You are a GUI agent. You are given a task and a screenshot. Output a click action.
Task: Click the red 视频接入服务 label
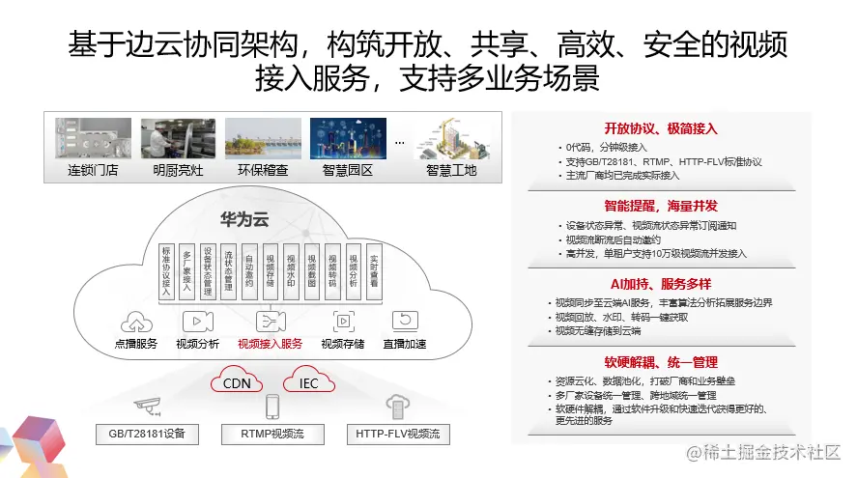click(270, 344)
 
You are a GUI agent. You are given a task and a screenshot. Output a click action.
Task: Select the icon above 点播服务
click(136, 322)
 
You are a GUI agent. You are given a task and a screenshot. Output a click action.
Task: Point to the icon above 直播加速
click(404, 322)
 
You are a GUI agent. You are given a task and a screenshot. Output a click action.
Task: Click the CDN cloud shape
click(238, 382)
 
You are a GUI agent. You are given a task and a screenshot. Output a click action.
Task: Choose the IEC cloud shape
click(308, 382)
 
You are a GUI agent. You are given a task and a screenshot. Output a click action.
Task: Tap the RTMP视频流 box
click(272, 434)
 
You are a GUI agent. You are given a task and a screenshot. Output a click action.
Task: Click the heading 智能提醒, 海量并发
click(661, 206)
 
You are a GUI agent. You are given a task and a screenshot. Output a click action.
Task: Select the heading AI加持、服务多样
click(661, 284)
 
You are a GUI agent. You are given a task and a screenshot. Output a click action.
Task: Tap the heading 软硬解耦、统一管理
click(661, 362)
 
